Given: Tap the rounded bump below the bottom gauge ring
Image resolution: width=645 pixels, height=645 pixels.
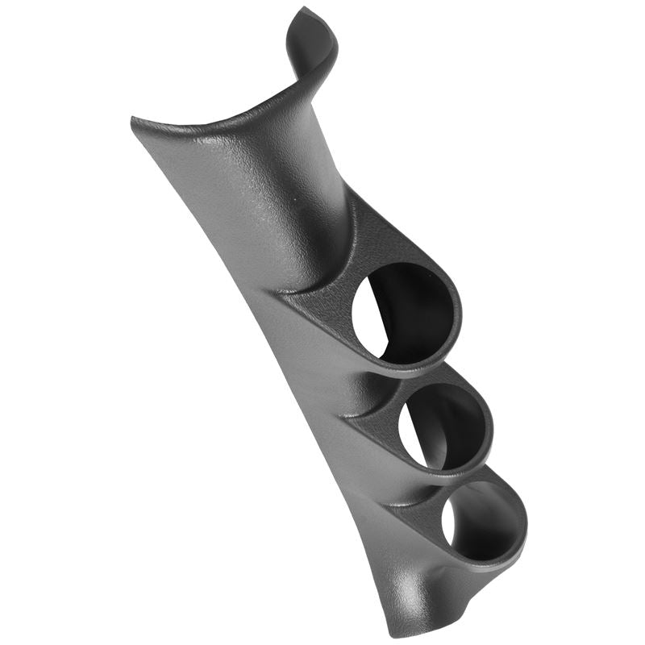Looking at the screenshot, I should tap(431, 585).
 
